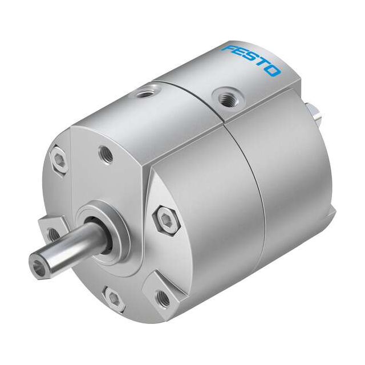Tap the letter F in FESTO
tap(229, 48)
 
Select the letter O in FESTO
tap(273, 71)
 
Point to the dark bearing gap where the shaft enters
tap(103, 234)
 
